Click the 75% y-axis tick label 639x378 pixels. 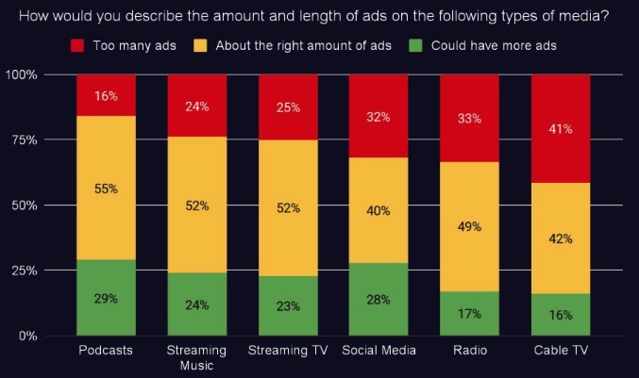click(x=24, y=140)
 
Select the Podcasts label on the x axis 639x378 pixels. click(x=105, y=352)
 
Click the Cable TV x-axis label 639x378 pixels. click(x=561, y=352)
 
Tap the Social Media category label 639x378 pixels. click(x=378, y=352)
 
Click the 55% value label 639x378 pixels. click(x=106, y=189)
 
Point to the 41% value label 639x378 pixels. click(x=561, y=129)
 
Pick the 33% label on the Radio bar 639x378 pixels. click(x=470, y=119)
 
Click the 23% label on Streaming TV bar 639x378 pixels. click(x=288, y=305)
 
